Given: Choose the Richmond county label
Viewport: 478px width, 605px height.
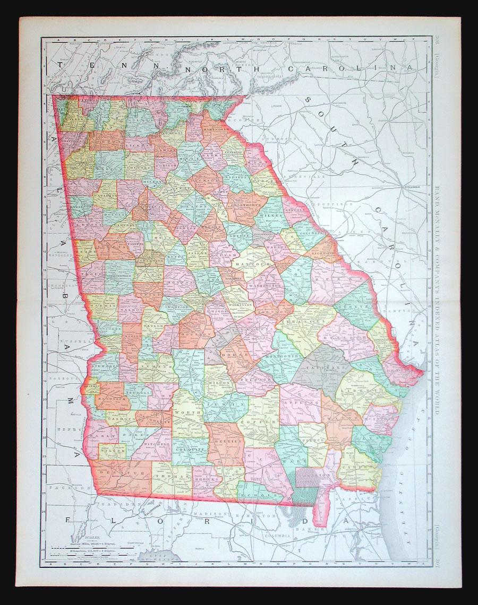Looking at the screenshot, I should [x=323, y=253].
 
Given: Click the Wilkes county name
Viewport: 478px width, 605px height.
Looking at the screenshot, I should [x=271, y=216].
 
